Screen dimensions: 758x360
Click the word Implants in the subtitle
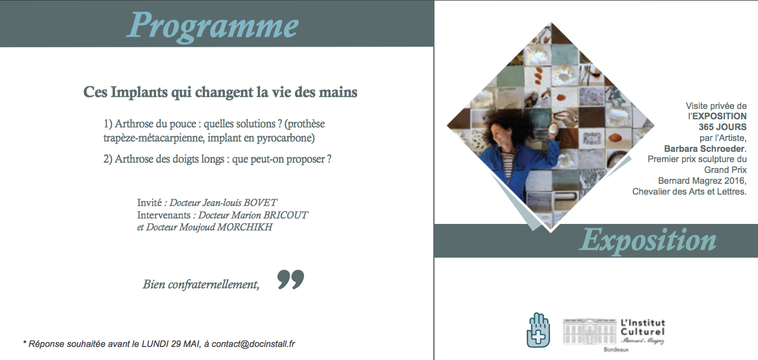[139, 93]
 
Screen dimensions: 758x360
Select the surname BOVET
[260, 203]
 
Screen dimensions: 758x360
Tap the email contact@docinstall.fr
[254, 344]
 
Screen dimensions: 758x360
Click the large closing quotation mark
[290, 279]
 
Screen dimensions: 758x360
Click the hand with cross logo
[539, 330]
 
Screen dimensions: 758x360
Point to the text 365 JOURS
[722, 127]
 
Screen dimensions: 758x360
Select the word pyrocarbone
[286, 138]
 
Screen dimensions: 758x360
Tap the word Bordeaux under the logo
[616, 350]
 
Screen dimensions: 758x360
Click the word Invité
[149, 203]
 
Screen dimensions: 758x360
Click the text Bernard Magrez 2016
[702, 181]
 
